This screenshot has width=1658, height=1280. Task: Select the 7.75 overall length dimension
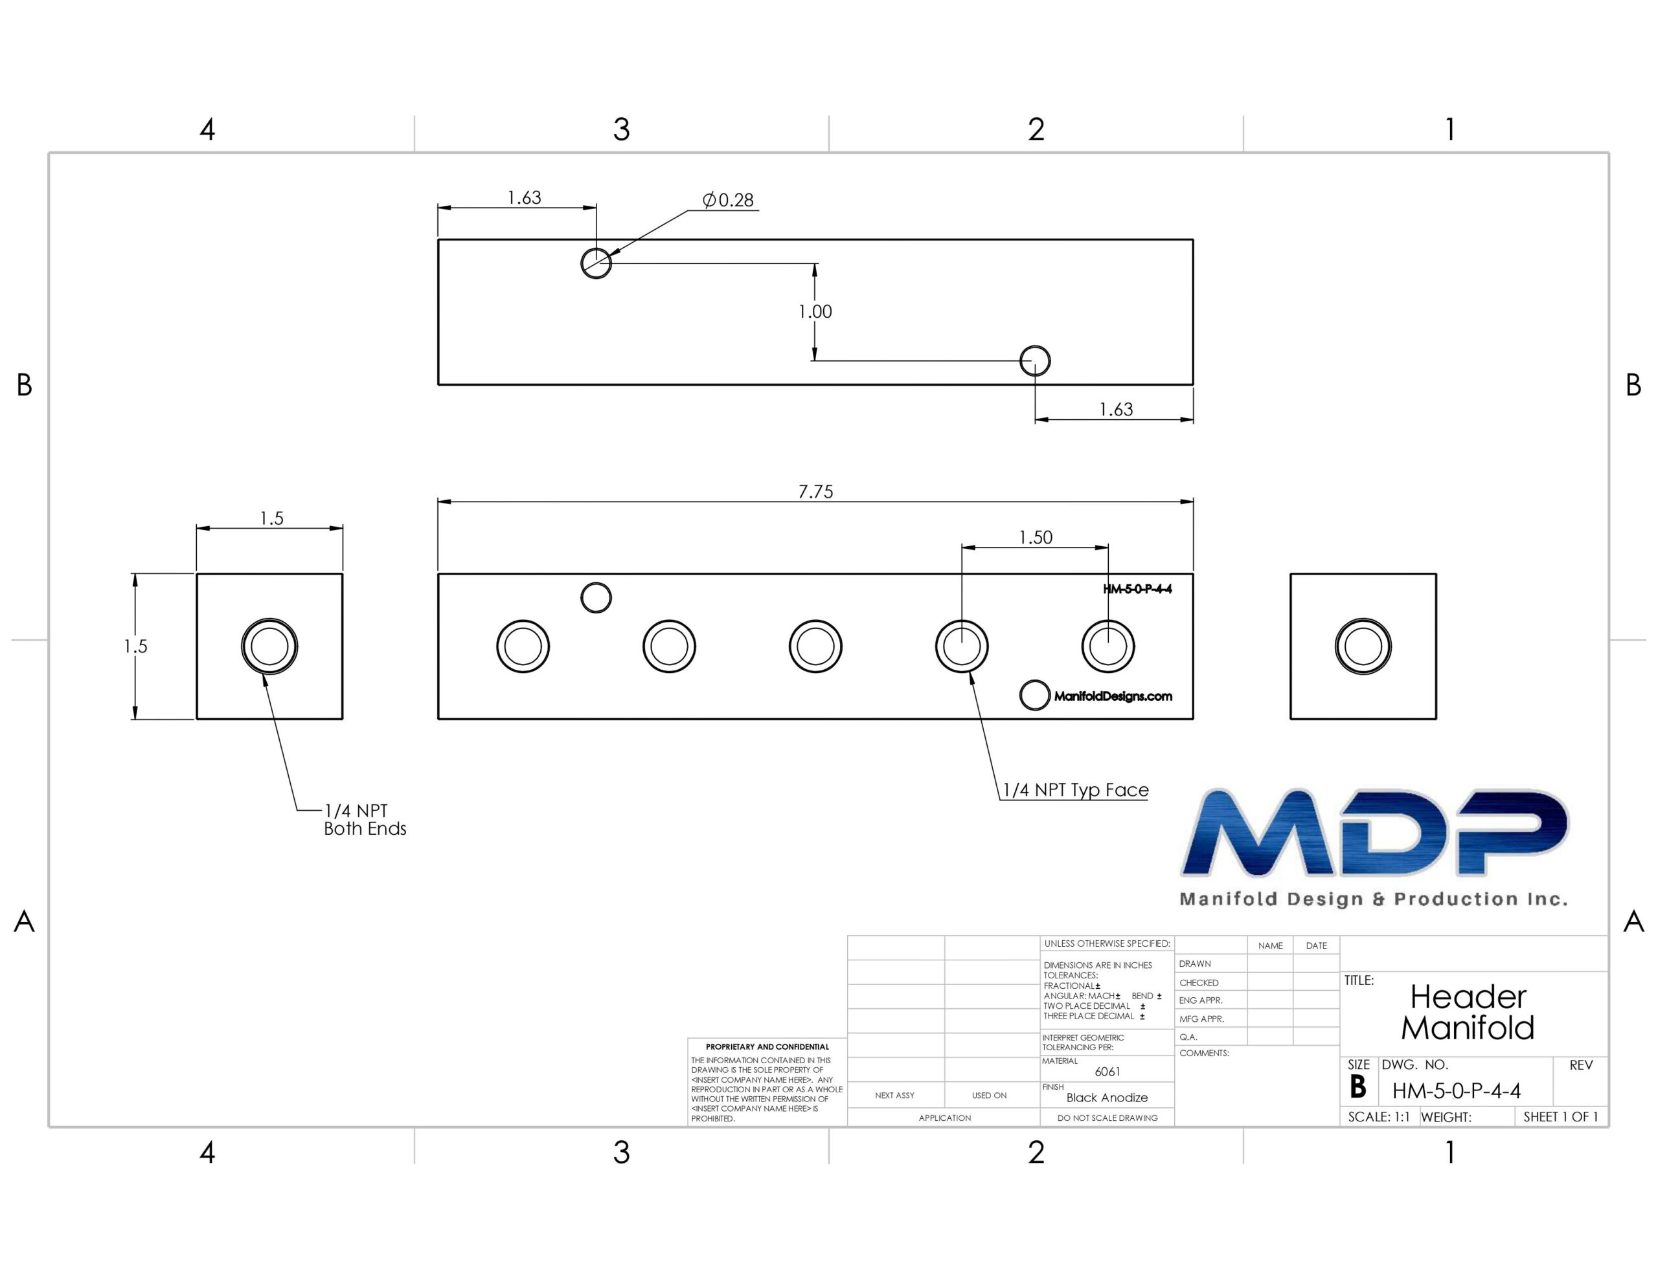click(815, 492)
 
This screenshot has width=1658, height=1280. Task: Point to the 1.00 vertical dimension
click(815, 311)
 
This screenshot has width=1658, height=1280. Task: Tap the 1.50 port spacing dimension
click(1035, 537)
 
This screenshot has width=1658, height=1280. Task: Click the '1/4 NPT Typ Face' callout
click(1075, 790)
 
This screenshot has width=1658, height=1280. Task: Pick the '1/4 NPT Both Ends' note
click(365, 819)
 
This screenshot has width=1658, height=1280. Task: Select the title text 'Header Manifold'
click(1468, 1012)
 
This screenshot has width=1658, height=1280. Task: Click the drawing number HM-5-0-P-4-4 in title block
click(1456, 1091)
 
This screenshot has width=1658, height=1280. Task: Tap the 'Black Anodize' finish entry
click(1107, 1097)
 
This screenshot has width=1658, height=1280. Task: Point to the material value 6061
click(1107, 1072)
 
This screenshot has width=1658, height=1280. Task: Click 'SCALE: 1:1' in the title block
click(1379, 1117)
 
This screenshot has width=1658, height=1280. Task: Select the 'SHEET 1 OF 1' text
click(1561, 1117)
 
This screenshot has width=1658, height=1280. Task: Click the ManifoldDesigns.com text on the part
click(1113, 696)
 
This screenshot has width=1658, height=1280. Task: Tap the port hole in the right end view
click(1363, 646)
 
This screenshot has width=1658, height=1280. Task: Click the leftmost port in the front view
click(523, 646)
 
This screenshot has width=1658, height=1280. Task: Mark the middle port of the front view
click(815, 646)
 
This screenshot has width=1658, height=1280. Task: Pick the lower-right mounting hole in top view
click(1035, 360)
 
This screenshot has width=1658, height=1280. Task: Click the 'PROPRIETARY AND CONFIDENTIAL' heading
click(767, 1046)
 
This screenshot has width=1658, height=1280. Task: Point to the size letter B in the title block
click(1358, 1087)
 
